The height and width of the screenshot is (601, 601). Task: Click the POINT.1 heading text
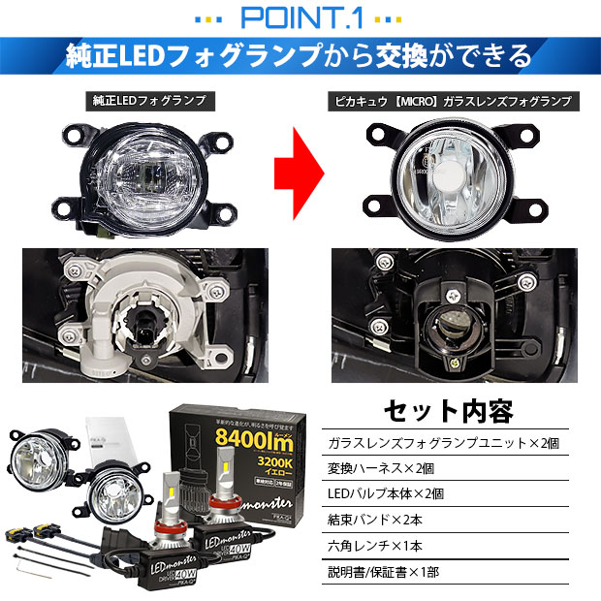point(300,16)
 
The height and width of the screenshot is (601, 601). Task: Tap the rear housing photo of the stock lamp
point(146,310)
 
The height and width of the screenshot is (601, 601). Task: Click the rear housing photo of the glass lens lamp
point(453,310)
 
